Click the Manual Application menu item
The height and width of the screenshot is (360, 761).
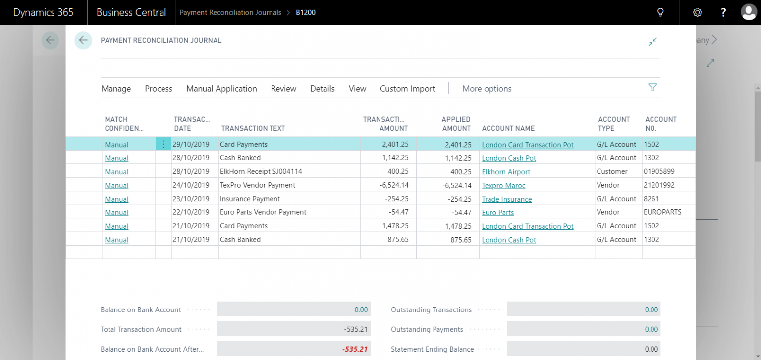tap(221, 89)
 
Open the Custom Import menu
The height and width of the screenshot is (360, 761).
tap(407, 89)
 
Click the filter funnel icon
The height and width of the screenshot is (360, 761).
tap(652, 88)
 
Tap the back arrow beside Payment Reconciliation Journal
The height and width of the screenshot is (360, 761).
tap(83, 40)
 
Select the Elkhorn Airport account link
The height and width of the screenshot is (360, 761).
tap(506, 172)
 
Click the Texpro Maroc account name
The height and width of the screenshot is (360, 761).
tap(503, 185)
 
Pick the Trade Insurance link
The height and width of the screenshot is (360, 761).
tap(507, 199)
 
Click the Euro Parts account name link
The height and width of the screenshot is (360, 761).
tap(498, 212)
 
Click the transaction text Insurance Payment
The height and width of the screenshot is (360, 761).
tap(250, 199)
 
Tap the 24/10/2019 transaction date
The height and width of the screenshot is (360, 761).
tap(191, 185)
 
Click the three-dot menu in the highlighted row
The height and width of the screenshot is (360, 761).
tap(163, 144)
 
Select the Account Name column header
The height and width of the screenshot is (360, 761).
tap(508, 128)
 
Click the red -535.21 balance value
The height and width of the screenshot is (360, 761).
tap(355, 349)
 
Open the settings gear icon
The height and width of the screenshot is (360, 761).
tap(697, 12)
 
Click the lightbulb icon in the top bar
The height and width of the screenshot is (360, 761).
tap(660, 12)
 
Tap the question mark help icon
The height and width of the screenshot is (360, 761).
tap(723, 12)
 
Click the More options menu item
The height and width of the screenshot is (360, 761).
tap(487, 89)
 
